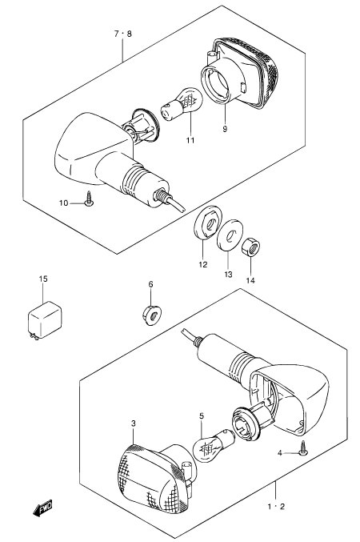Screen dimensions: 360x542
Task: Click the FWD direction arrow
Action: [42, 508]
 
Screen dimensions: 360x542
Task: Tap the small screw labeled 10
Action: [90, 199]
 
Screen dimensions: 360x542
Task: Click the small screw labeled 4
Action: [304, 449]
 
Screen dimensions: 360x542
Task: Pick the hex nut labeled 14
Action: [250, 247]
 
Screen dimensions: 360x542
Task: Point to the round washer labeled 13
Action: [230, 234]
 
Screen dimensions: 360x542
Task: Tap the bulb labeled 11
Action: [182, 104]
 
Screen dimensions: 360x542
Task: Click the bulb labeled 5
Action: [215, 446]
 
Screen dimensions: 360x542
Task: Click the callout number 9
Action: [225, 129]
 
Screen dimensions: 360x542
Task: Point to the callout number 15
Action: [43, 279]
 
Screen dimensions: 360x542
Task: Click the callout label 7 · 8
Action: [122, 34]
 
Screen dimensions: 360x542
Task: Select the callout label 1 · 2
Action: [276, 507]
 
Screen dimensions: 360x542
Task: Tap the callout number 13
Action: [228, 274]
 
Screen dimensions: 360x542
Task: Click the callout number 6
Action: [150, 284]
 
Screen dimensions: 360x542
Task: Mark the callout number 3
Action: [134, 424]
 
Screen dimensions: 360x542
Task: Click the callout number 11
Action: [190, 140]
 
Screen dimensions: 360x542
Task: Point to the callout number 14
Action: [250, 280]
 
